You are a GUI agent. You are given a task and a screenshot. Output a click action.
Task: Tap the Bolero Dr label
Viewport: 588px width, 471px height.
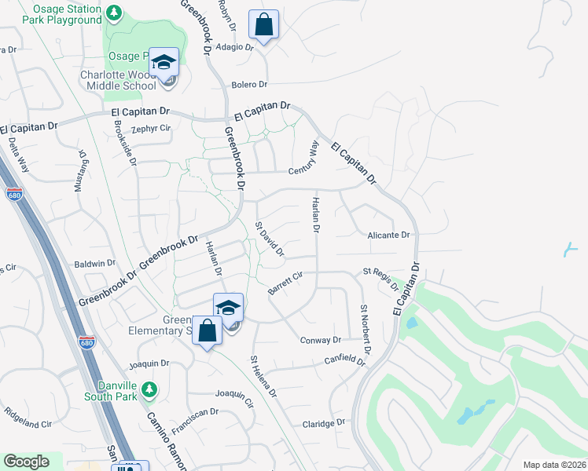(249, 84)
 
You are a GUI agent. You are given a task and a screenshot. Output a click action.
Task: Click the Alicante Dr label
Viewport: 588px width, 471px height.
(389, 235)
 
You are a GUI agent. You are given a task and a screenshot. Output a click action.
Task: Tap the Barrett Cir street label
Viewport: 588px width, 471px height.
(285, 283)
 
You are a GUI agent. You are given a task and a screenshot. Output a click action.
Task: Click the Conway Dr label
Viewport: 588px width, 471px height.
(321, 340)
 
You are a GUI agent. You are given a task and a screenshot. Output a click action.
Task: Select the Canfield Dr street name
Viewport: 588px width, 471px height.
(346, 360)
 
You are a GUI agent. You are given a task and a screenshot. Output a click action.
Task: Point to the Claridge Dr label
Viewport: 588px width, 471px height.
(324, 422)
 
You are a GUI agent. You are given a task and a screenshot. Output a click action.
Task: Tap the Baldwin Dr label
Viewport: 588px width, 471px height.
(94, 264)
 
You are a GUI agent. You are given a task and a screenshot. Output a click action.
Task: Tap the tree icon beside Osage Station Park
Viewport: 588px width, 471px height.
(114, 13)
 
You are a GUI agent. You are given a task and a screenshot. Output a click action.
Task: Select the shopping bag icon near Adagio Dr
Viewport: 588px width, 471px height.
(263, 24)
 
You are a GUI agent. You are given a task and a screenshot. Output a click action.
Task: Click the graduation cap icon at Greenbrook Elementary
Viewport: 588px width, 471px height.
(228, 308)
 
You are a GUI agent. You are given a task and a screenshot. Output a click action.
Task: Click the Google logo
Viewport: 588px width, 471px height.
(26, 462)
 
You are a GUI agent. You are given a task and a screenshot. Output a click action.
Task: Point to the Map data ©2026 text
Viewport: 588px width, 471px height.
(554, 464)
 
